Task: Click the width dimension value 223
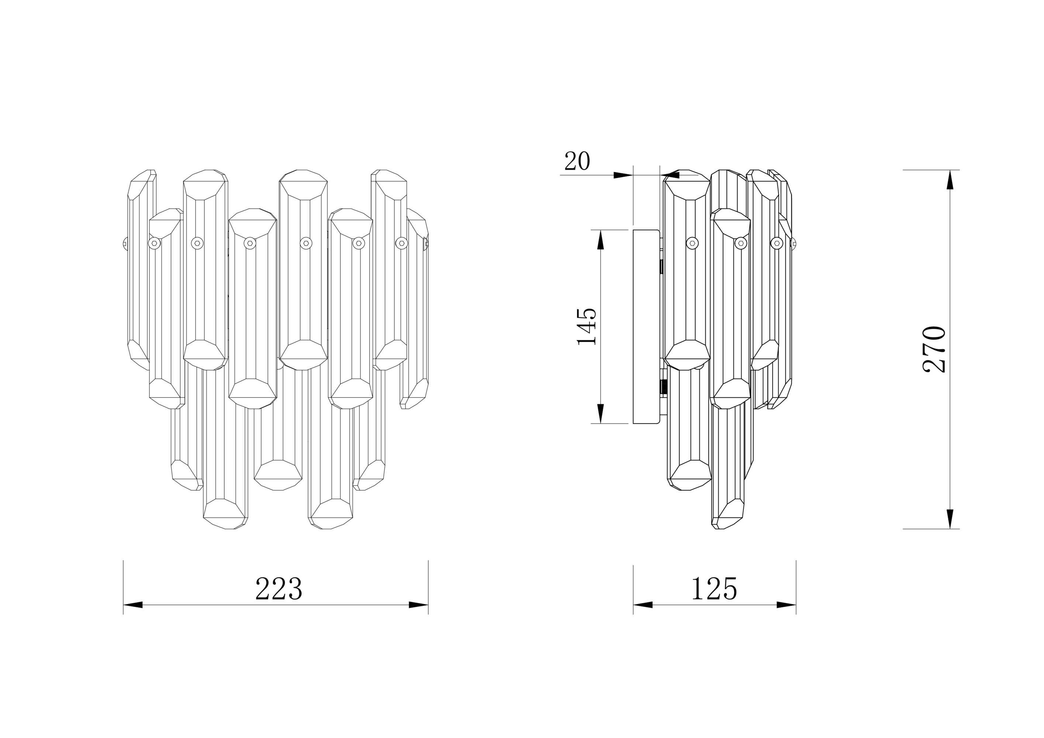[x=279, y=589]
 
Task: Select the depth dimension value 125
[x=714, y=589]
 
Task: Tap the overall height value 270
[x=935, y=349]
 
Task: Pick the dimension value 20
[x=577, y=161]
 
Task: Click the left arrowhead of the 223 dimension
[x=133, y=605]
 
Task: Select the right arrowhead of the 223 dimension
[x=418, y=605]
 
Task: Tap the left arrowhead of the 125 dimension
[x=643, y=605]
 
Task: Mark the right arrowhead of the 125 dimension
[x=786, y=605]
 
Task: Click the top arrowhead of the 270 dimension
[x=950, y=180]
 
